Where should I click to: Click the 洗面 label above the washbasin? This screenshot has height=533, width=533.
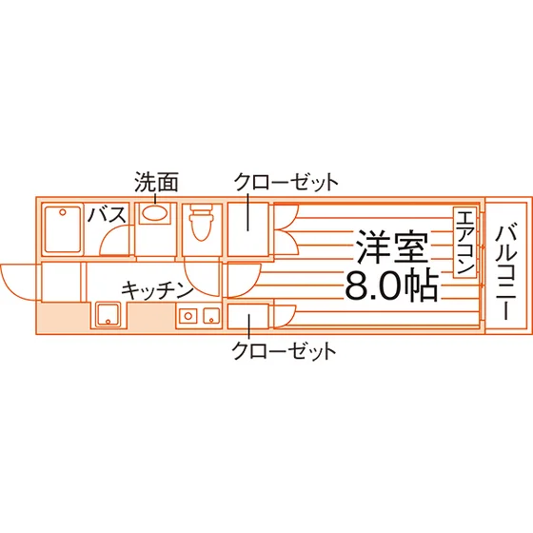tap(156, 182)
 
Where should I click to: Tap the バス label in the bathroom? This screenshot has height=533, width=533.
tap(107, 214)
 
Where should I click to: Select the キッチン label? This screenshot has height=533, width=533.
tap(157, 290)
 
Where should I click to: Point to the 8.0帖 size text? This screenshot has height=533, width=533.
tap(391, 286)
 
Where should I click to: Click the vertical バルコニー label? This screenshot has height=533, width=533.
tap(505, 271)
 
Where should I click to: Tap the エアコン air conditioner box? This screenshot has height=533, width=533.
tap(464, 243)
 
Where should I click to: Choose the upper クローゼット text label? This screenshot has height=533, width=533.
tap(286, 182)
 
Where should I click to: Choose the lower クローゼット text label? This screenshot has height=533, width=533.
tap(285, 350)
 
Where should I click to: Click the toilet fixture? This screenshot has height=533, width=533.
tap(202, 222)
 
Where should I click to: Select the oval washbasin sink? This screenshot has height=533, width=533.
tap(154, 213)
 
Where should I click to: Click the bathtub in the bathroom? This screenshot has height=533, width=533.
tap(63, 230)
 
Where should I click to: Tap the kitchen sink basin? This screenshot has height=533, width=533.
tap(108, 315)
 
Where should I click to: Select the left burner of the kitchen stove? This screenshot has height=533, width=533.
tap(188, 316)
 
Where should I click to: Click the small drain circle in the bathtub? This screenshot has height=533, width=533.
tap(63, 212)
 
